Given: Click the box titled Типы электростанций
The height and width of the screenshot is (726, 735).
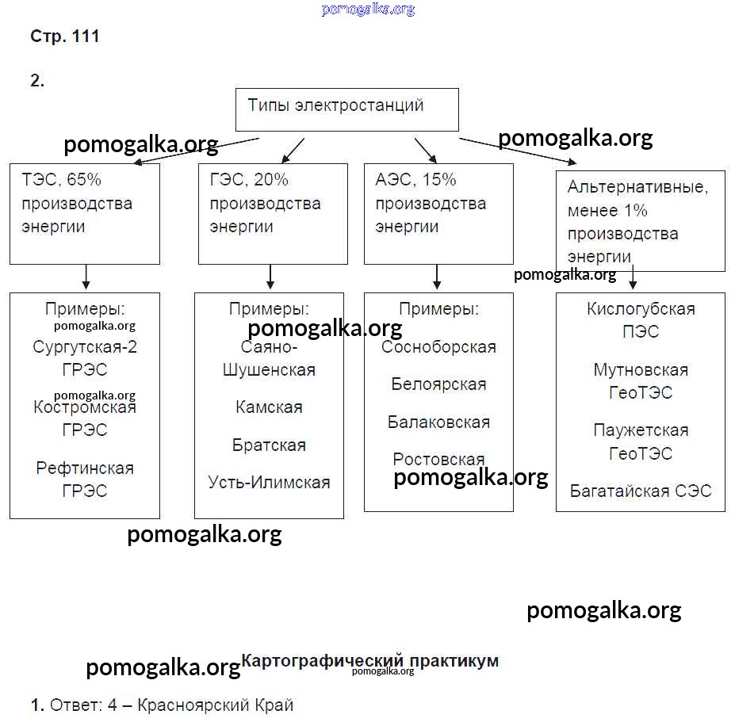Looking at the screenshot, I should coord(347,109).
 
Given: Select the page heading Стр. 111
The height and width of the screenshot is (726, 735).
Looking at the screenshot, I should coord(65,36).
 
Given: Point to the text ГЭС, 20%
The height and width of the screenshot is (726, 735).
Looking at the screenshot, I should coord(249,180).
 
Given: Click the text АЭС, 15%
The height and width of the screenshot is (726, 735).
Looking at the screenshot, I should coord(415,180).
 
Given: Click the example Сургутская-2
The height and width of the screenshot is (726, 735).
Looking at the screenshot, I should coord(85,347).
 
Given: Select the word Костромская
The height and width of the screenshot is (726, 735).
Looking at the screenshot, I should coord(85,407).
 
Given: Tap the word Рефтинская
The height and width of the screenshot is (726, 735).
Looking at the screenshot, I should coord(85,468).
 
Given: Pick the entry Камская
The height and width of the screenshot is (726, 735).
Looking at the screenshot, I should coord(269,407).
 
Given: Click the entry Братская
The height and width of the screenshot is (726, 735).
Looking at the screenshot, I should coord(269,445).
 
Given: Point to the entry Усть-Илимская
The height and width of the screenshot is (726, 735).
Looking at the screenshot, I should coord(269,482).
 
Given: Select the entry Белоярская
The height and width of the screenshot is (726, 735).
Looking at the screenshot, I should coord(438,384).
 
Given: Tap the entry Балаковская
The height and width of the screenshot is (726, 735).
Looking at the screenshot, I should coord(438,422).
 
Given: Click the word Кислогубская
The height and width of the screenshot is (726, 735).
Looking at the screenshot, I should coord(641,309).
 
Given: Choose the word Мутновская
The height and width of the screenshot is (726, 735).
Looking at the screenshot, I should coord(641,370).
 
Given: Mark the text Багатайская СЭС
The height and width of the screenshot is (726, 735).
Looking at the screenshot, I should coord(641,491).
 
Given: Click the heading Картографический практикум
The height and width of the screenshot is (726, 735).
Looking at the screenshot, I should coord(369,660).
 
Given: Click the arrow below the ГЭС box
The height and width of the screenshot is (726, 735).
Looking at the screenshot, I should coord(270,277).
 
